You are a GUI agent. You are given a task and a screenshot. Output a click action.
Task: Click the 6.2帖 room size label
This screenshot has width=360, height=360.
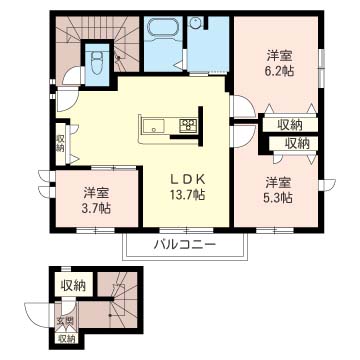(280, 71)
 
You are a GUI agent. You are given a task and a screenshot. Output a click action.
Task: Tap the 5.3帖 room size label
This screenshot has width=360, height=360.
(279, 198)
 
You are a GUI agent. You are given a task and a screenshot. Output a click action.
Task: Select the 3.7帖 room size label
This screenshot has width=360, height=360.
(97, 209)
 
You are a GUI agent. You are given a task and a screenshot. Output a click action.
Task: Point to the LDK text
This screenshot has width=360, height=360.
(187, 179)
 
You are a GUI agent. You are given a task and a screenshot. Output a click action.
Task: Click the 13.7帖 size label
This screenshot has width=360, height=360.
(187, 194)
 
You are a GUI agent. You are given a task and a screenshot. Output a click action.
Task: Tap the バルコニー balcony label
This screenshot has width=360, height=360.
(185, 246)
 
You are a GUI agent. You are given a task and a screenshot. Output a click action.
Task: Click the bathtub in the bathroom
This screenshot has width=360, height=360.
(163, 31)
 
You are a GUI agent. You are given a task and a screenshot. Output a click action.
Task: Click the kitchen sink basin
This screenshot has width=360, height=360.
(154, 126)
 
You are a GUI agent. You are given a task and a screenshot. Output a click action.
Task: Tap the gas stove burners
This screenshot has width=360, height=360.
(188, 125)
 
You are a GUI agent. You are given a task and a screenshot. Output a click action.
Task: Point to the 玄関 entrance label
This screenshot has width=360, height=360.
(65, 322)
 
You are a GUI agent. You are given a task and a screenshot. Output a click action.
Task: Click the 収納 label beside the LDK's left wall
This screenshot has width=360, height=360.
(60, 143)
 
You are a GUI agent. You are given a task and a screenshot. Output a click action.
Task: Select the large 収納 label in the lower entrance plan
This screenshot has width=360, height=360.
(73, 286)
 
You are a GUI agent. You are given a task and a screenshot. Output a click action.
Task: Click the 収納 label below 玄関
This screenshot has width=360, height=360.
(67, 339)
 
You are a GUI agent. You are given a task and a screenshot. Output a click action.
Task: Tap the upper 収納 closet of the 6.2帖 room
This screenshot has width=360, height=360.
(290, 125)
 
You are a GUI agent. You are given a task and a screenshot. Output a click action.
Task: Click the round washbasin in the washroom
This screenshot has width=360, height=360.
(195, 23)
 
